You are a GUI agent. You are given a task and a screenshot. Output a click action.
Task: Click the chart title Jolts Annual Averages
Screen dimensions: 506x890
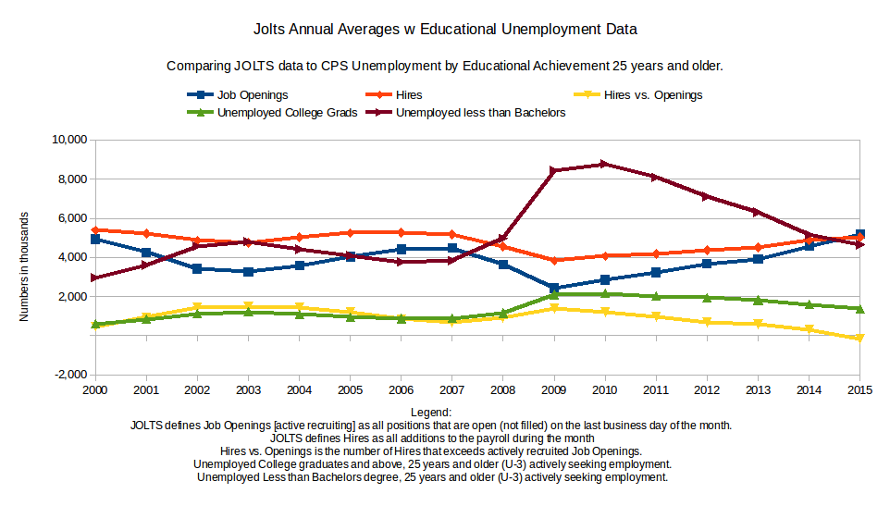445,30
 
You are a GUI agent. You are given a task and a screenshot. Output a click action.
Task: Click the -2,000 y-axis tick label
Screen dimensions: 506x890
68,375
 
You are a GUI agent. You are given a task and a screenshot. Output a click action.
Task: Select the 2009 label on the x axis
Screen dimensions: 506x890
553,390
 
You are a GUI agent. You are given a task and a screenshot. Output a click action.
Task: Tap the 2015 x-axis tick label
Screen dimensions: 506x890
860,390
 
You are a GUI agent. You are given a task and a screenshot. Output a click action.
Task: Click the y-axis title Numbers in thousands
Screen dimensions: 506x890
25,266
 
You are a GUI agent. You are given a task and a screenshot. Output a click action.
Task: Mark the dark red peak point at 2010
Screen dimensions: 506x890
605,164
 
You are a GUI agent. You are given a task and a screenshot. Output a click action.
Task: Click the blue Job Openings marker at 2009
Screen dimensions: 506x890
553,288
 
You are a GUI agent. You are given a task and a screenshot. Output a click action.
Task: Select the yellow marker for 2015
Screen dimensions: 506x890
860,339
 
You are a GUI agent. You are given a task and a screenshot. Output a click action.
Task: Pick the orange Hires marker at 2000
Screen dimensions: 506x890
95,229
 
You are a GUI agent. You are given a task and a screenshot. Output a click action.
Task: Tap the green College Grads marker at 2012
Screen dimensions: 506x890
707,298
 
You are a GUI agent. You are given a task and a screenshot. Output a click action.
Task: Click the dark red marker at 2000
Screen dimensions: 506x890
95,278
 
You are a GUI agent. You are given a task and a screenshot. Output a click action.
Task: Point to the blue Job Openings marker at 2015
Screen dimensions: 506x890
860,234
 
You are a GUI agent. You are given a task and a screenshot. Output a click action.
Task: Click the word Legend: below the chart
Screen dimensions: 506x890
431,412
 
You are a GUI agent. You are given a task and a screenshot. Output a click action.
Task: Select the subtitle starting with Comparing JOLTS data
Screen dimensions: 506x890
444,67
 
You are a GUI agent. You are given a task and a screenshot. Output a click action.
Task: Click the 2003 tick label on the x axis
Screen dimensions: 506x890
248,390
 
